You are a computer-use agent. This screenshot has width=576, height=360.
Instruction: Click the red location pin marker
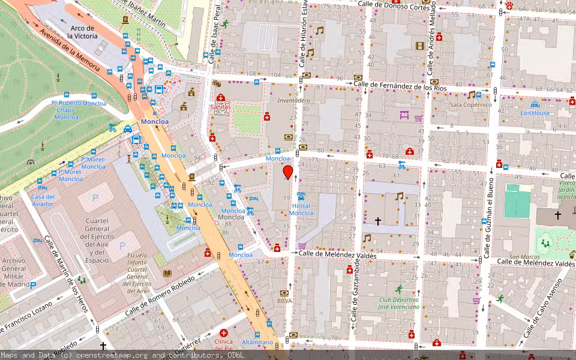pos(288,173)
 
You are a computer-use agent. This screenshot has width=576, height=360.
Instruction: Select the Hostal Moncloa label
pos(301,209)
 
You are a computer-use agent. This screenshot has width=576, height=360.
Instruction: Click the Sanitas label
pos(220,107)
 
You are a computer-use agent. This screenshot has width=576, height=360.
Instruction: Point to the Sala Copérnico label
pos(471,104)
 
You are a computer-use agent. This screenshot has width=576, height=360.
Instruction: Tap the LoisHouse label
pos(535,113)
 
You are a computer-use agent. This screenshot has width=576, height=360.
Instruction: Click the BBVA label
pos(284,301)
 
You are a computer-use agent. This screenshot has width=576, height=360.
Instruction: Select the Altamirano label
pos(257,342)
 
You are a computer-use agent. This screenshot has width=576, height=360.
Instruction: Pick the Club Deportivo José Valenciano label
pos(399,303)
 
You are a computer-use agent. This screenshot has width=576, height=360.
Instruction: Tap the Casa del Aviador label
pos(43,200)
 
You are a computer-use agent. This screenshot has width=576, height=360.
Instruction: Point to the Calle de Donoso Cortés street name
pos(394,5)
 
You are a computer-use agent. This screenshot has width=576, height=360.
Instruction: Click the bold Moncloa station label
pos(155,121)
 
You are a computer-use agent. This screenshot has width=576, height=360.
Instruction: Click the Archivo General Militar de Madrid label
pos(14,272)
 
